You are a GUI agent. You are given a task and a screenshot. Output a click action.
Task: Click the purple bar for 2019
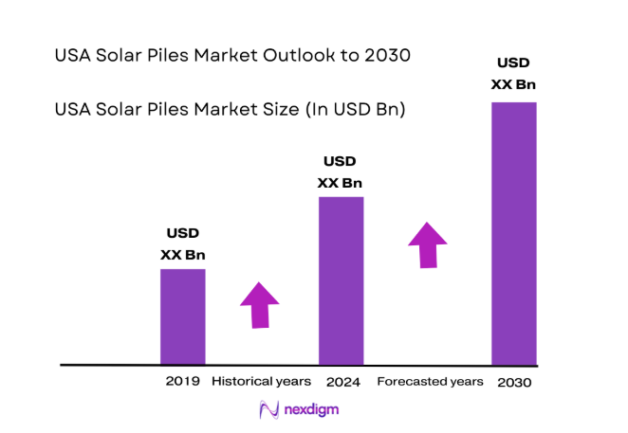point(182,316)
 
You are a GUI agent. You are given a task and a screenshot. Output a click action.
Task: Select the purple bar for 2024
point(341,280)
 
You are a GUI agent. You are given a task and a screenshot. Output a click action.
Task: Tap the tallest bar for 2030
point(513,233)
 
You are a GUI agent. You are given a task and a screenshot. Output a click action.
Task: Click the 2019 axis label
point(182,382)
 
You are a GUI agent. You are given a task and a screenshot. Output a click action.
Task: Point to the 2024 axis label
point(341,382)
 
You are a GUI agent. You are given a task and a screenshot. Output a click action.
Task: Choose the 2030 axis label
point(513,382)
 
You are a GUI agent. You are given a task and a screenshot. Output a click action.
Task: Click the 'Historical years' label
point(261,382)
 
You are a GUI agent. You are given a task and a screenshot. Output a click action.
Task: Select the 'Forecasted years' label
point(430,382)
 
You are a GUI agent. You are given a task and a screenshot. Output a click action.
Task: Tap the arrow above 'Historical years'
point(259,304)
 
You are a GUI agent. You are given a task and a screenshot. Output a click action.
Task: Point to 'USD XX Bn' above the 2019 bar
point(182,244)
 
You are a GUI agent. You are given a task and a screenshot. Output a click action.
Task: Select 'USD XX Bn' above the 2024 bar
point(341,171)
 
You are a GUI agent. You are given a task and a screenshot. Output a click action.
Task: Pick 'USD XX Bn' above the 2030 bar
point(513,74)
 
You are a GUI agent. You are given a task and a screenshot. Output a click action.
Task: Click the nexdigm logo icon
point(268,409)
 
